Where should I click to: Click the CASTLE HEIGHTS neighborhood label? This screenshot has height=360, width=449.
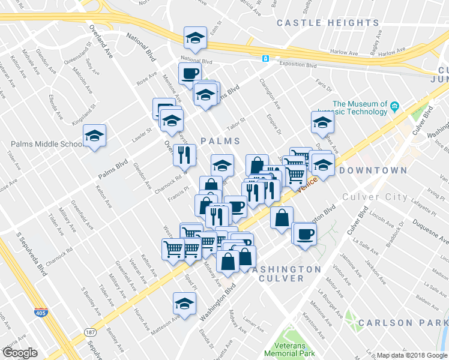pos(328,23)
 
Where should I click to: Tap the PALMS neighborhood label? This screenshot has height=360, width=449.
pos(220,141)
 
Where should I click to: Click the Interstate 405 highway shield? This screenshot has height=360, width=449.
pos(40,313)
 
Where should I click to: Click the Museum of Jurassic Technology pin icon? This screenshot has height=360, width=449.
pos(394,107)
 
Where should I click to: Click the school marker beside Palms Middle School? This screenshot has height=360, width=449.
pos(95,136)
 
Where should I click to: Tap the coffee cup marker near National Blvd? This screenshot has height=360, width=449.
pos(190,74)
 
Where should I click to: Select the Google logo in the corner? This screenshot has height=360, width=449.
pos(20,352)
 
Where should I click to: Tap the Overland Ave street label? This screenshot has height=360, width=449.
pos(101,43)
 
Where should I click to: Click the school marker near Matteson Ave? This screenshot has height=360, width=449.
pos(184,304)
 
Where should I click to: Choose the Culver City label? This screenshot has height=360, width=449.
pos(375,197)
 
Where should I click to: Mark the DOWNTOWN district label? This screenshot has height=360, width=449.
pos(373,170)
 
